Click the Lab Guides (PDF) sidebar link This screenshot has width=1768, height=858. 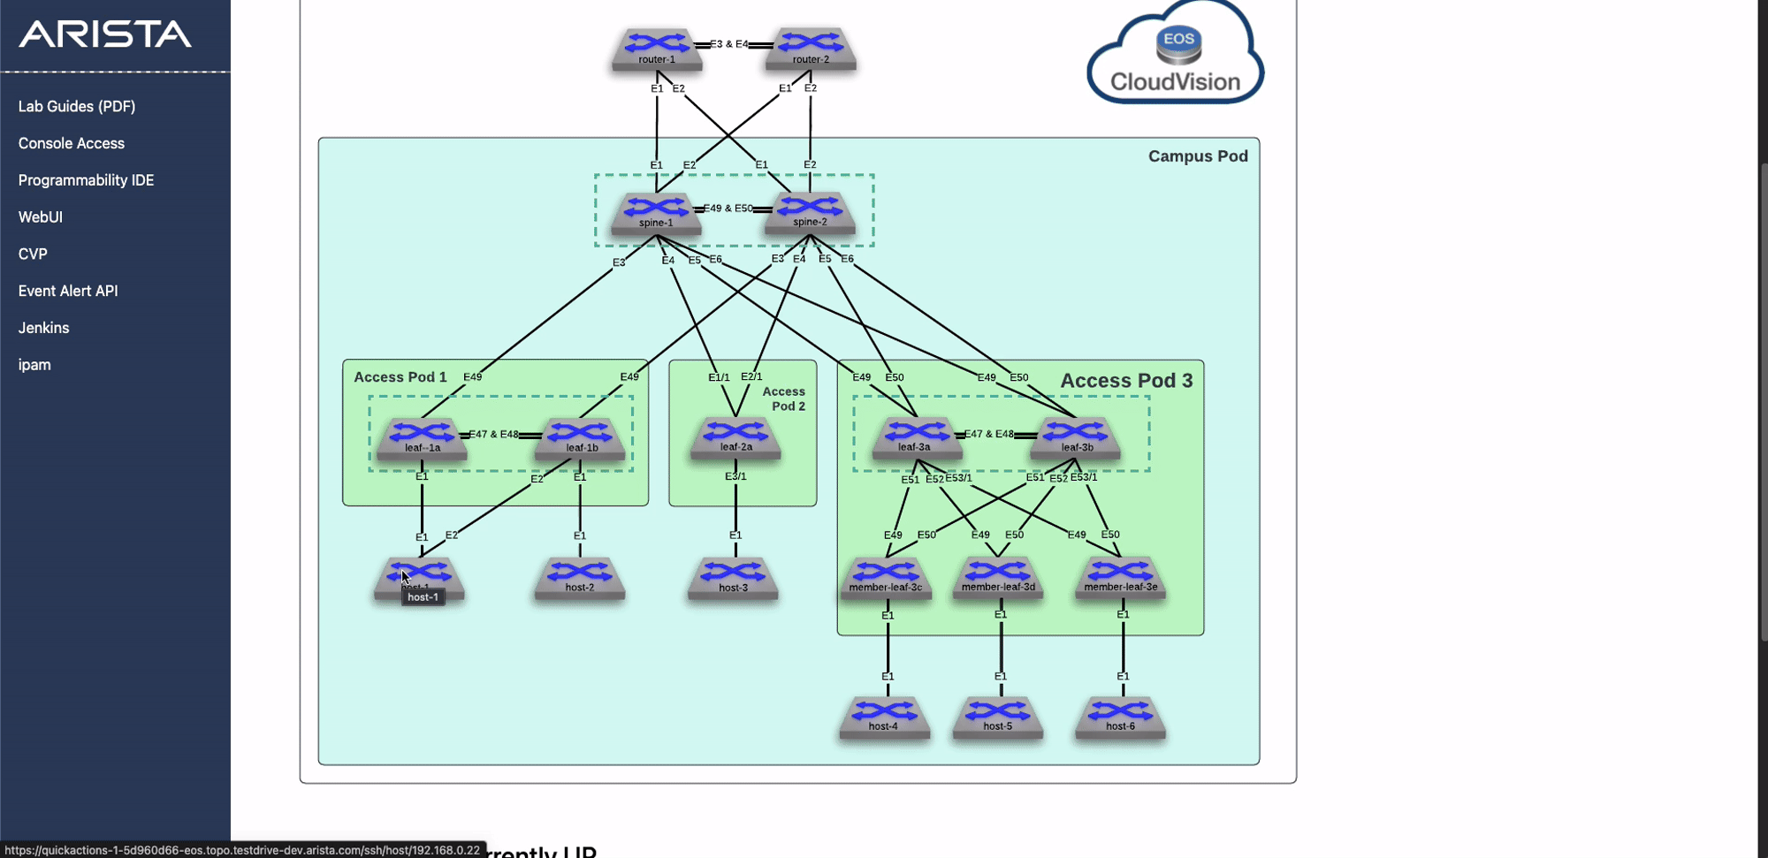tap(77, 106)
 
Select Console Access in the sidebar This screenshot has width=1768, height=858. tap(72, 143)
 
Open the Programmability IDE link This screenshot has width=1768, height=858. tap(86, 180)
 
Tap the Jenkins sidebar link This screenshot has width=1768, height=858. tap(43, 328)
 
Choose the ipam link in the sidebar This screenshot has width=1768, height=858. tap(34, 365)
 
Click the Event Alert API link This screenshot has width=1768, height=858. tap(68, 291)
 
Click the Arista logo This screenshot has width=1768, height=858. tap(105, 34)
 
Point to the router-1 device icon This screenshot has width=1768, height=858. tap(657, 49)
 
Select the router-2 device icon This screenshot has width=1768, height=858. tap(811, 49)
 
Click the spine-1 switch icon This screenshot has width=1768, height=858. tap(656, 213)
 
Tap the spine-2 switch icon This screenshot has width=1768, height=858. tap(810, 212)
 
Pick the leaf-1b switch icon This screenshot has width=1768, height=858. tap(581, 438)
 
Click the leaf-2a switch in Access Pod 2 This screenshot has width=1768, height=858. tap(735, 437)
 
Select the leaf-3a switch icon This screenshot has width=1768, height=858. tap(916, 437)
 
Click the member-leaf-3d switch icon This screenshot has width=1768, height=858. tap(998, 577)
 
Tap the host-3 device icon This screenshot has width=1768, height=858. tap(733, 578)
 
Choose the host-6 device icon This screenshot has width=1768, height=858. tap(1120, 717)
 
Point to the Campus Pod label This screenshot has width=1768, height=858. tap(1198, 156)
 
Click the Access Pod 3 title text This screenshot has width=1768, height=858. tap(1126, 381)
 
